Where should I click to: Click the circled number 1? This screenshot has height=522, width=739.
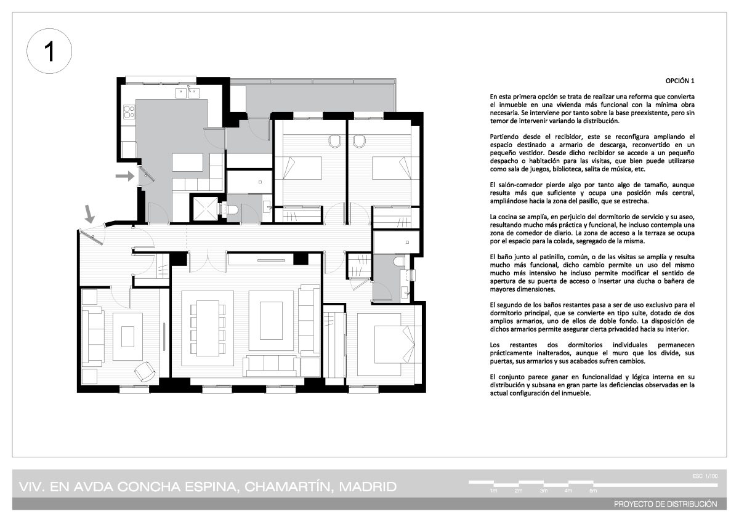(x=49, y=50)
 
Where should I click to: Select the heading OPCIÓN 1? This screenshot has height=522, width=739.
(x=680, y=81)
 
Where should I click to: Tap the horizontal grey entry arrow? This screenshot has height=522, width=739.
(x=124, y=176)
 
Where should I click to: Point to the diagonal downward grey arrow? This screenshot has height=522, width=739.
(x=89, y=214)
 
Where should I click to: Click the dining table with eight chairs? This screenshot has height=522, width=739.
(x=208, y=328)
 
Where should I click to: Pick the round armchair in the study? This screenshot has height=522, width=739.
(x=145, y=371)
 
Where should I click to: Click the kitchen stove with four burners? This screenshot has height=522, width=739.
(x=129, y=111)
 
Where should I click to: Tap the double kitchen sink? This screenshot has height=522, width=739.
(x=187, y=93)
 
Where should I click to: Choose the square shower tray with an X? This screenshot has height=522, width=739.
(x=205, y=209)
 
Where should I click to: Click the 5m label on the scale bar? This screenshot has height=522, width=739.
(x=593, y=491)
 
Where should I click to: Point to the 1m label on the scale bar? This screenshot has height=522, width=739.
(x=493, y=491)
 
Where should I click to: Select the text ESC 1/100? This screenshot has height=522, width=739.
(x=705, y=476)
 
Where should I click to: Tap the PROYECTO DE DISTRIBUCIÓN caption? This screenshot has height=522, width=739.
(x=666, y=504)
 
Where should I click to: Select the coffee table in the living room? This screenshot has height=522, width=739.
(x=271, y=321)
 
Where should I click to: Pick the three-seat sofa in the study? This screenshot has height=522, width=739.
(x=93, y=336)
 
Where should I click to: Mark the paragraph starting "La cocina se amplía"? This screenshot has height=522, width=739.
(x=592, y=229)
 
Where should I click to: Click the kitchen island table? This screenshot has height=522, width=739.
(x=187, y=163)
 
